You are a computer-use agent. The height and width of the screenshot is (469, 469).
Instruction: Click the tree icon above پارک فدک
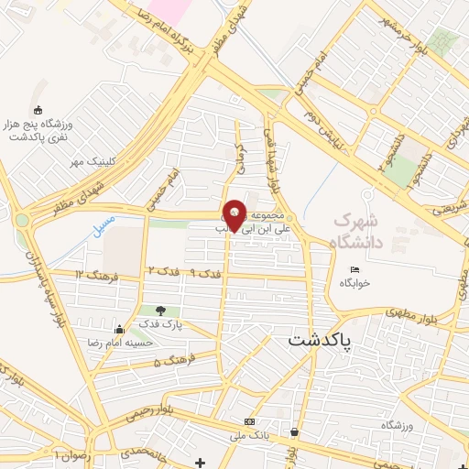click(161, 311)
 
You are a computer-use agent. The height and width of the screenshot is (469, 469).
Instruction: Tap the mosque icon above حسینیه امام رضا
click(119, 330)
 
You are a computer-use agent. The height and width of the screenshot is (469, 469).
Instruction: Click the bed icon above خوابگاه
click(355, 269)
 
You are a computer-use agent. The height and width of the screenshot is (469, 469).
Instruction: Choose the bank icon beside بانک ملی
click(249, 421)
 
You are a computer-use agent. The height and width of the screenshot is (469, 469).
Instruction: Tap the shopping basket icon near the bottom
click(293, 431)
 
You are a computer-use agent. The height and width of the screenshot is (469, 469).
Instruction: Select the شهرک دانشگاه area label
click(354, 229)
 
